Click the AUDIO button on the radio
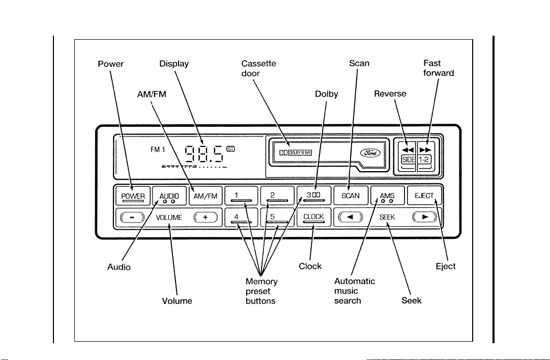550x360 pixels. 169,196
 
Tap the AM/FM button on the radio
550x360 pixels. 206,196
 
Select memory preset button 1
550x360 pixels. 241,196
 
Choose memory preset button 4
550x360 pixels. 241,217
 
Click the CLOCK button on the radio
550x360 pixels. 314,217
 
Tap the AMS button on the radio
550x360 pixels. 387,196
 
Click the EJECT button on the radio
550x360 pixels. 424,196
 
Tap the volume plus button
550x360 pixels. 206,217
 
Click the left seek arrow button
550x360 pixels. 351,217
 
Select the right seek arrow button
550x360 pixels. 425,217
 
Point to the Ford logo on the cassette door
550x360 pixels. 370,153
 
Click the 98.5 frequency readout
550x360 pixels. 204,154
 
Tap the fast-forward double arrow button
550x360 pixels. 425,150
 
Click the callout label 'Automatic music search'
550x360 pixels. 354,291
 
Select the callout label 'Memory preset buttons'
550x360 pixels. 262,291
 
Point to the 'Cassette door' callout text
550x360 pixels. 258,68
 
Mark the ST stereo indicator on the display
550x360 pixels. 231,149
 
